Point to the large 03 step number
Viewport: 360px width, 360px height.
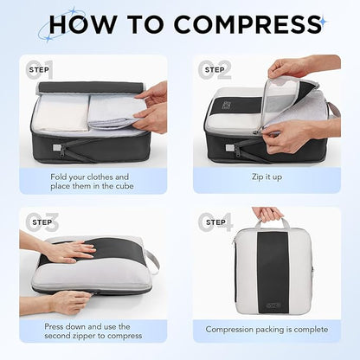(x=41, y=222)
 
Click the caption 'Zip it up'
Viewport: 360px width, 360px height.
(x=267, y=177)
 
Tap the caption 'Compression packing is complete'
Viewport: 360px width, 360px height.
(x=267, y=329)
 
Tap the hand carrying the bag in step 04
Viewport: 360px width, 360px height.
(x=266, y=215)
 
